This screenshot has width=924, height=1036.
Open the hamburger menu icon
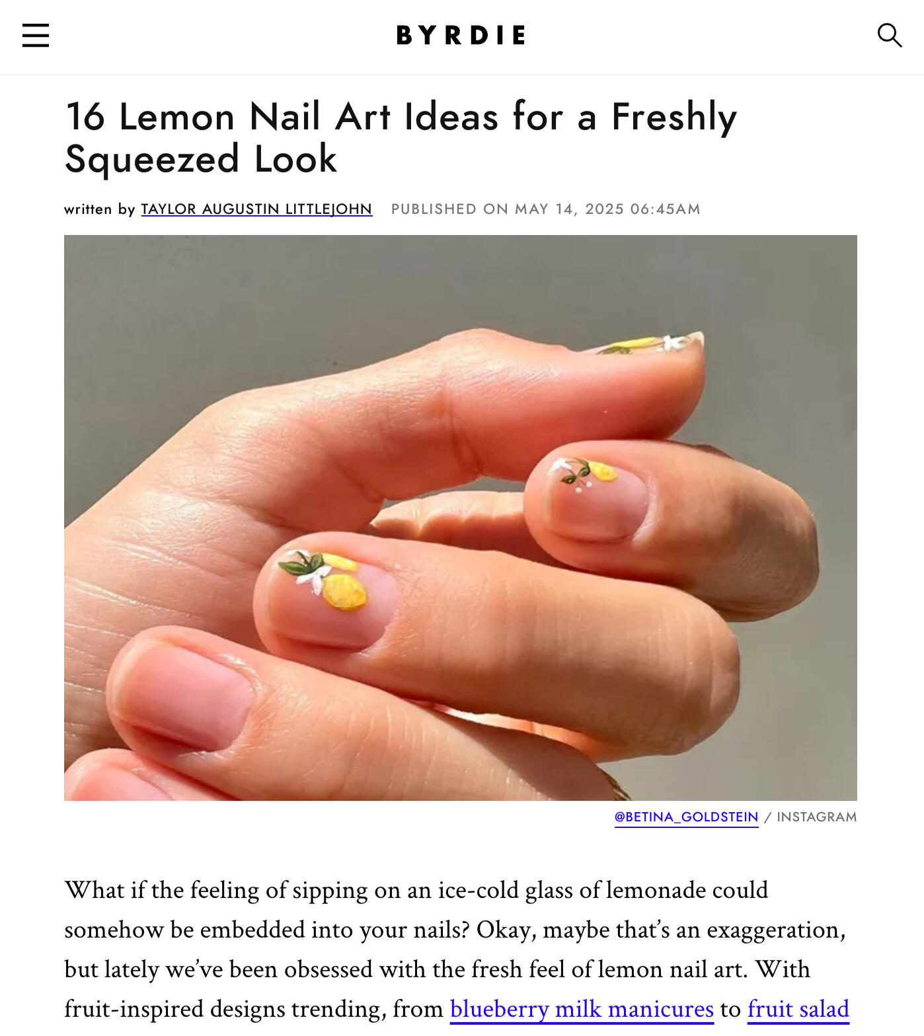[36, 35]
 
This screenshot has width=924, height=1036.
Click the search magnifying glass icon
[889, 35]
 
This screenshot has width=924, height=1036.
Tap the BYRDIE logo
[461, 35]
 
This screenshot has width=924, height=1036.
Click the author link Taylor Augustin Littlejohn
[256, 209]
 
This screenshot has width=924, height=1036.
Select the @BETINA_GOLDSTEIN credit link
[686, 817]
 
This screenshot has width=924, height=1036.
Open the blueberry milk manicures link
[582, 1009]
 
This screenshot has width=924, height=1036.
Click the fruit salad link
[798, 1009]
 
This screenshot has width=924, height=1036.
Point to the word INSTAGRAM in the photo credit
[816, 817]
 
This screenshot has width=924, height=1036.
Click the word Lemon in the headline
[176, 117]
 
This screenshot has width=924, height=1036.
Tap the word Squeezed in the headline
[152, 160]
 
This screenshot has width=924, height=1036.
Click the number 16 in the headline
[85, 117]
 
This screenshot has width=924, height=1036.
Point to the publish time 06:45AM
[665, 209]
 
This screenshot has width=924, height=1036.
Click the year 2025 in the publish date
[604, 209]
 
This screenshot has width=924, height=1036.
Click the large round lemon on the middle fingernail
[344, 592]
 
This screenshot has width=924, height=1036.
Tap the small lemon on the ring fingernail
[602, 471]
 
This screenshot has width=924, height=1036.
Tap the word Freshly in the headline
[674, 117]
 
